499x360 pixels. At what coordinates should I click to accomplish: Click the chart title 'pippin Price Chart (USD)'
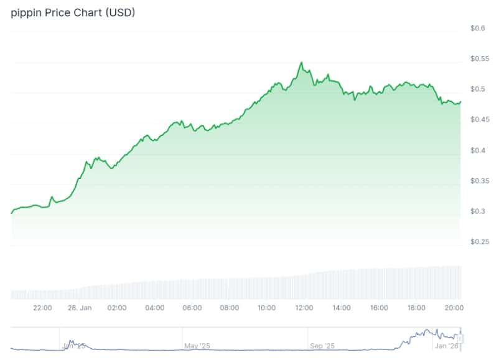73,12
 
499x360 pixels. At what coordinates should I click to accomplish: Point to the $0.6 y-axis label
477,28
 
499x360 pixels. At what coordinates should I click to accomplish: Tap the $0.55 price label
479,58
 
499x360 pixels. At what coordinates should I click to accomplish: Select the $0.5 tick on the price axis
477,89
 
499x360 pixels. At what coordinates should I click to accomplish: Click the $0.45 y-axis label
479,119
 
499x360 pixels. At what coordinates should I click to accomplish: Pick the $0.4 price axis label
477,150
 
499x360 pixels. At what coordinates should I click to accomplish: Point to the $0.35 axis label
479,181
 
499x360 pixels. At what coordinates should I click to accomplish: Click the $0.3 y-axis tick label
477,211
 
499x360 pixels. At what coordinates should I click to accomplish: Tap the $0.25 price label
479,241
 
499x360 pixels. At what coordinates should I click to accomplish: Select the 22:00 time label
42,308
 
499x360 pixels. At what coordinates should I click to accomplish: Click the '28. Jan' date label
80,308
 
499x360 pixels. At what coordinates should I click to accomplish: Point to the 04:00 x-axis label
154,308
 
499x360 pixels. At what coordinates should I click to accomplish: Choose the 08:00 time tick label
230,308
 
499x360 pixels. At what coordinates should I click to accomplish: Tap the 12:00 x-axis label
304,308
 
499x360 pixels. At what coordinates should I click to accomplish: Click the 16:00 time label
379,308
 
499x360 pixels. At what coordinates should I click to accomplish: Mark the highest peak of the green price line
302,62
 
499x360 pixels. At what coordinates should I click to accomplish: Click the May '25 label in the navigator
196,345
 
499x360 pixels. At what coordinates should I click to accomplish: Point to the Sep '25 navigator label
322,345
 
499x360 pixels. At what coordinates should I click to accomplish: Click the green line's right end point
460,102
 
